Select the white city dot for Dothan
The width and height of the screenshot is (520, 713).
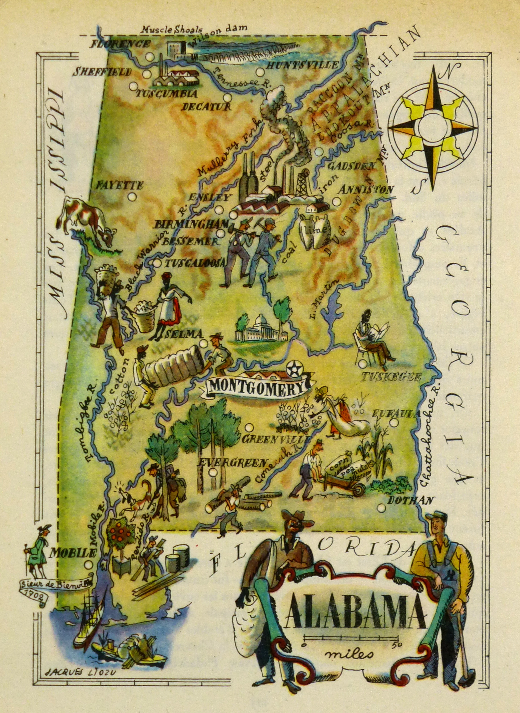(x=381, y=508)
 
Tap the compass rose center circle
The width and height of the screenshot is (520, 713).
(x=433, y=127)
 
